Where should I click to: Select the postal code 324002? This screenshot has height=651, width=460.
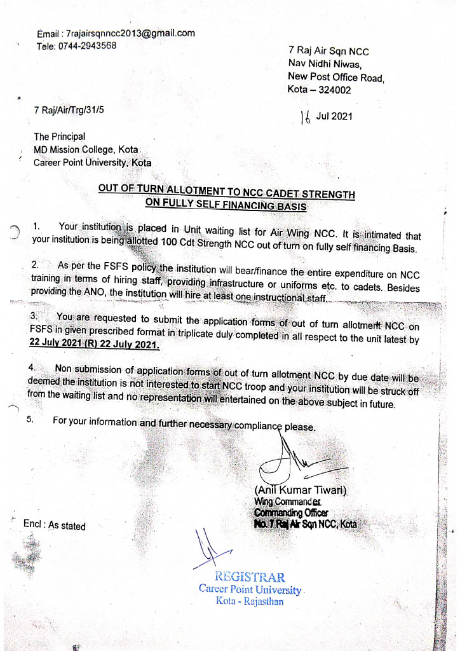tap(333, 90)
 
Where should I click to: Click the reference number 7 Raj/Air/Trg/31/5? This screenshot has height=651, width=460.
tap(69, 110)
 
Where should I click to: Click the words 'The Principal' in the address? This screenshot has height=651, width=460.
tap(60, 136)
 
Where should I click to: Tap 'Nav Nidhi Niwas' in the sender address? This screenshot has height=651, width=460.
tap(325, 64)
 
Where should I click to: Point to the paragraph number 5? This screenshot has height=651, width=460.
tap(30, 420)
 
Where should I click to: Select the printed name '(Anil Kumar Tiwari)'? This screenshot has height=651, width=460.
tap(301, 490)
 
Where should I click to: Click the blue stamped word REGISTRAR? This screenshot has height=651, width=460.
tap(250, 577)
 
